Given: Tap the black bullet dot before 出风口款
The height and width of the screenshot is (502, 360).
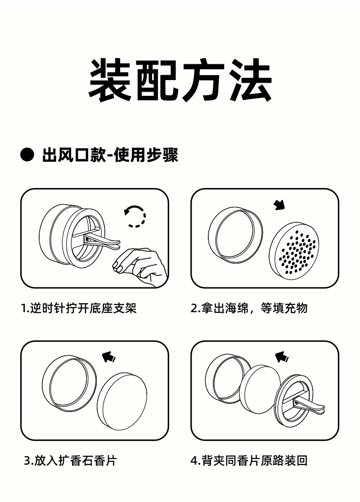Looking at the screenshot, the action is pyautogui.click(x=27, y=155).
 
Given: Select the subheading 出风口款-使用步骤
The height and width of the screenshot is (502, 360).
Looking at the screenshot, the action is pyautogui.click(x=110, y=155).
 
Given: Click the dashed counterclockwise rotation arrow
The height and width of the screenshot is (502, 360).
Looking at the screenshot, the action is pyautogui.click(x=135, y=216).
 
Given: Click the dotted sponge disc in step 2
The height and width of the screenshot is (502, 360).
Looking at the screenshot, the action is pyautogui.click(x=295, y=250).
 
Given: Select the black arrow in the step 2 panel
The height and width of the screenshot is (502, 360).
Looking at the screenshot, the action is pyautogui.click(x=279, y=205).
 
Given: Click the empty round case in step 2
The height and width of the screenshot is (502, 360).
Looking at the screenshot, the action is pyautogui.click(x=235, y=235).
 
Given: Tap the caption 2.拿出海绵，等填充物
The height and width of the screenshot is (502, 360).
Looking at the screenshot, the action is pyautogui.click(x=249, y=308).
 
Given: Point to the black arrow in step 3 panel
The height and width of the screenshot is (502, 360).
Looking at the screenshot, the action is pyautogui.click(x=109, y=357).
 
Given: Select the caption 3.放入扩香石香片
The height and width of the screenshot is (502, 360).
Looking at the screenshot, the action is pyautogui.click(x=70, y=461).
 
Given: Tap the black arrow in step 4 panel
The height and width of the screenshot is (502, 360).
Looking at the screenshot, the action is pyautogui.click(x=282, y=357).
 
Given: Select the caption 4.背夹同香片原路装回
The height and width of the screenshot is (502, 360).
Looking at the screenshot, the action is pyautogui.click(x=249, y=461).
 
